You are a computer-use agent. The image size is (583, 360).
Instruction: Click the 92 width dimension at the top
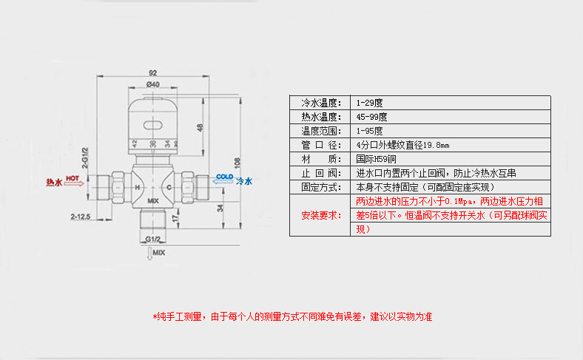[x=153, y=72]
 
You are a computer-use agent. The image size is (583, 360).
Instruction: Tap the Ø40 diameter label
[x=153, y=85]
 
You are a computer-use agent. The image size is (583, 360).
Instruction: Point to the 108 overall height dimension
[x=237, y=161]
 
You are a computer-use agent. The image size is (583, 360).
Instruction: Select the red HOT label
[x=73, y=178]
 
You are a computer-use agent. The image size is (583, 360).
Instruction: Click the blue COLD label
[x=224, y=177]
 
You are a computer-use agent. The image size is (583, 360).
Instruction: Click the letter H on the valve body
[x=136, y=188]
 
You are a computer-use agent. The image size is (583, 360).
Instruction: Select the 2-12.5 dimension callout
[x=80, y=217]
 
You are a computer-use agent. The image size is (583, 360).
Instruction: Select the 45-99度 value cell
[x=371, y=117]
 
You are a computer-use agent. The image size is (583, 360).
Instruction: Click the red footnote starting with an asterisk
[x=291, y=316]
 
